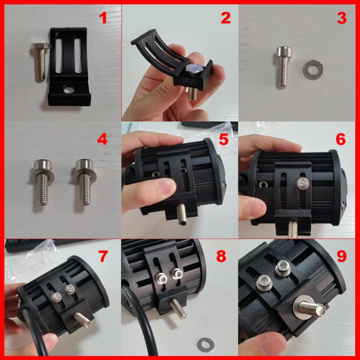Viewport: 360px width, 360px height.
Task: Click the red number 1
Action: click(103, 19)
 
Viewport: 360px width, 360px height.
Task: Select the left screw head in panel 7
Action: click(57, 296)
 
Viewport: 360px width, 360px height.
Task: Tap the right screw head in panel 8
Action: click(177, 273)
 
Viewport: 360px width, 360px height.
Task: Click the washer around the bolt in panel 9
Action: click(302, 310)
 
